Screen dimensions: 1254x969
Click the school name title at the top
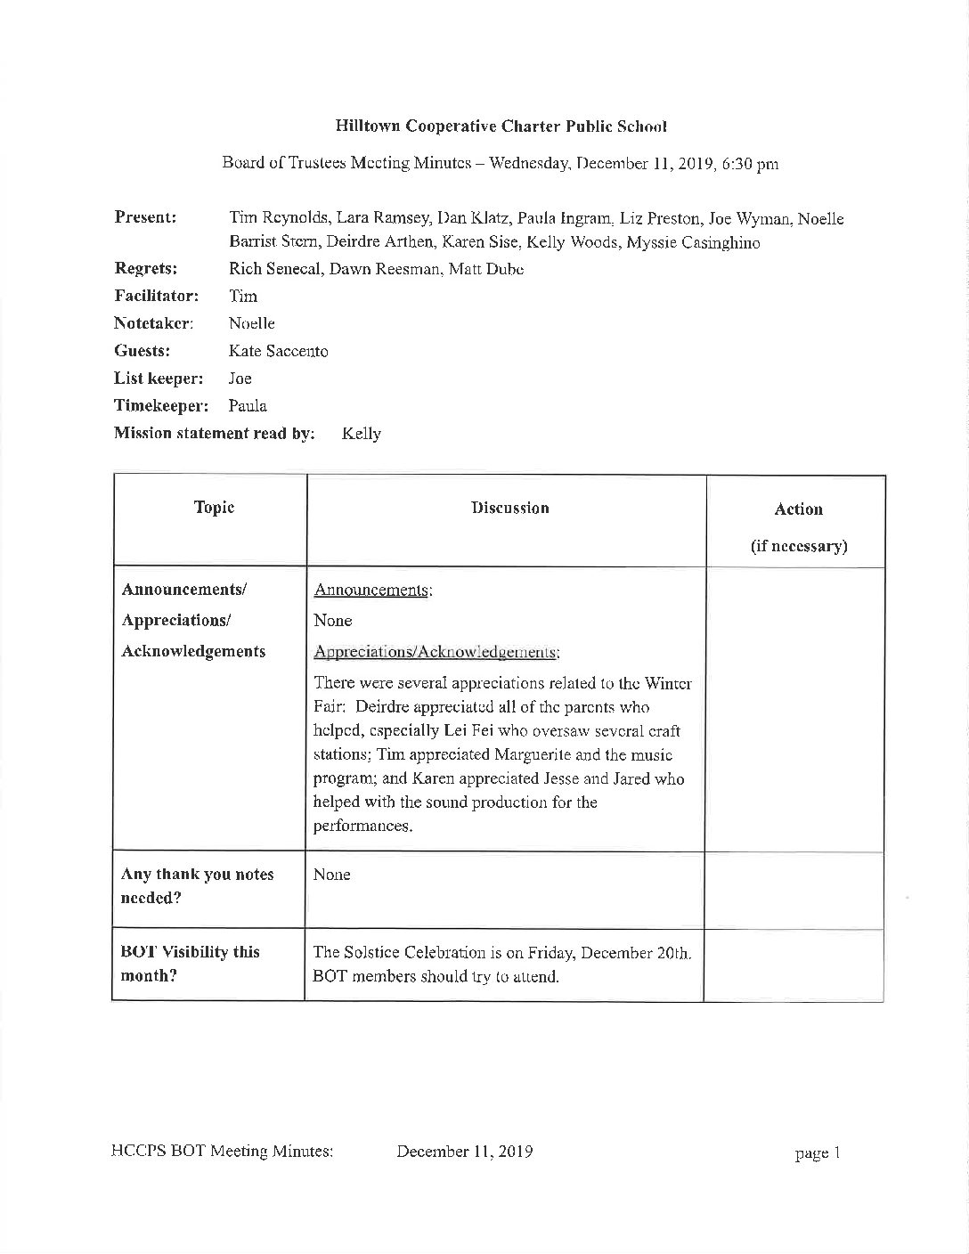tap(501, 126)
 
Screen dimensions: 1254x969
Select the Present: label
tap(145, 218)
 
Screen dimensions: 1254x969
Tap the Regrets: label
tap(145, 269)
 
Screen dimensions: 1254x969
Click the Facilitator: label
tap(156, 296)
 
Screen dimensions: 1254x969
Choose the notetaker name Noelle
tap(252, 323)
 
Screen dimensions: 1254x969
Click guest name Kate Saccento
tap(278, 351)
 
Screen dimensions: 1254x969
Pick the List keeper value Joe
tap(240, 379)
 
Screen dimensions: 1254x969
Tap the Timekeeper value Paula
tap(248, 406)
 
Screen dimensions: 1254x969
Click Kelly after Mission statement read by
tap(361, 435)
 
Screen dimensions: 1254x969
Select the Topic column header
tap(214, 508)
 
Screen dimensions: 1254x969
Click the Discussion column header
tap(509, 509)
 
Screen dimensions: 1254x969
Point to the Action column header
tap(798, 509)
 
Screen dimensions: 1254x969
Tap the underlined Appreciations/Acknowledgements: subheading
tap(436, 652)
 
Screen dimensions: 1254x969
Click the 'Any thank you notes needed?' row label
tap(197, 885)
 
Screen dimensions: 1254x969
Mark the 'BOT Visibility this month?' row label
tap(190, 963)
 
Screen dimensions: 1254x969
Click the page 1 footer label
tap(818, 1153)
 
